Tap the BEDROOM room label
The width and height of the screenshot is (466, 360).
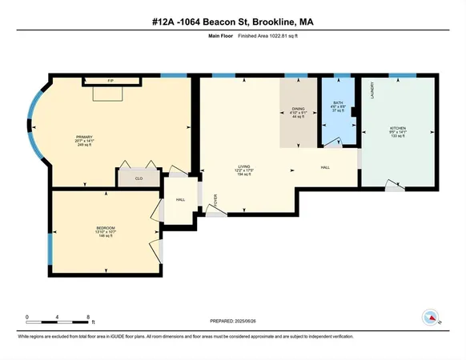coord(107,228)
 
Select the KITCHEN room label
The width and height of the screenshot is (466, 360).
coord(398,128)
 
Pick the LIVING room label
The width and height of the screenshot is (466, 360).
coord(233,166)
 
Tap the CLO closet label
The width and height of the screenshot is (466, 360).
coord(139,178)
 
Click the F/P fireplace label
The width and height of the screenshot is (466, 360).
coord(110,80)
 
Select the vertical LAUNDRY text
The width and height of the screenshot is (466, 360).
coord(372,93)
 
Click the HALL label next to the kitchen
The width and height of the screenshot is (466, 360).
coord(325,168)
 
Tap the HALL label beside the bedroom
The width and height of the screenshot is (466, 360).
coord(181,200)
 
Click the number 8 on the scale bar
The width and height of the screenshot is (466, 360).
coord(87,318)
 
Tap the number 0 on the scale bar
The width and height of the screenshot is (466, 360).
coord(27,318)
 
